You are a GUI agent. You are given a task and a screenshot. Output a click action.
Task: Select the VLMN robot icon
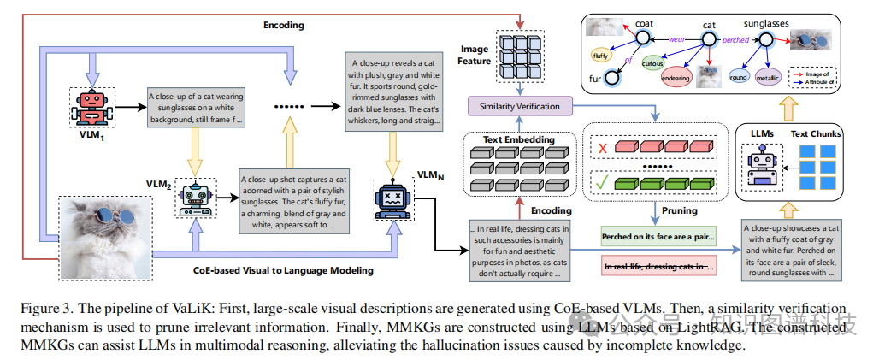point(392,199)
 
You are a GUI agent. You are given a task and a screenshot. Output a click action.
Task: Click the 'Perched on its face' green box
point(658,236)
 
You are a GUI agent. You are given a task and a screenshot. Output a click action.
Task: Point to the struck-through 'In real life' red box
point(658,268)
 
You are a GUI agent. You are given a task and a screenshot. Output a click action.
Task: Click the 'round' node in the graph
point(739,76)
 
